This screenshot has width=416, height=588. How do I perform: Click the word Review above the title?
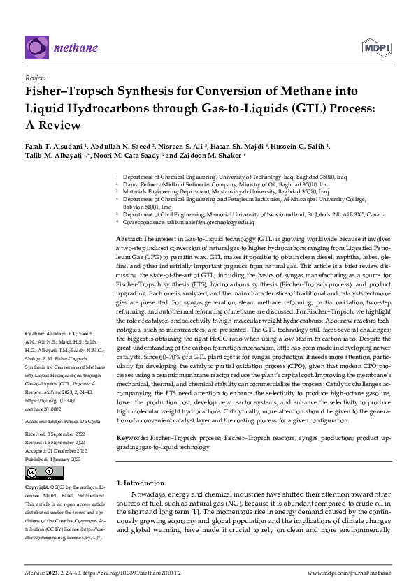tap(35, 79)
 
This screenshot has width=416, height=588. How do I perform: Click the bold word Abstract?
tap(130, 239)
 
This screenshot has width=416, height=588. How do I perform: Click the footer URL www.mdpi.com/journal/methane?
tap(347, 572)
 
